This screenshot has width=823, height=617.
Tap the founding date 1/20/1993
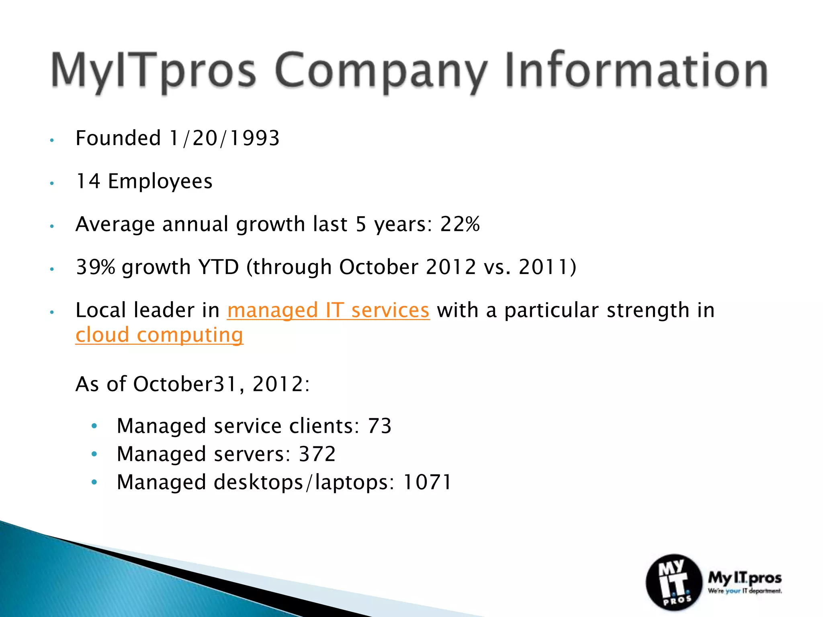click(x=224, y=139)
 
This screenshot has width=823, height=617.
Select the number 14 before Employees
click(x=88, y=181)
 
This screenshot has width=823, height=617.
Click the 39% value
click(x=96, y=267)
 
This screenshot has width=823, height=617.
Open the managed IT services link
click(x=328, y=311)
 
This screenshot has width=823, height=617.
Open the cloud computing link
click(x=159, y=335)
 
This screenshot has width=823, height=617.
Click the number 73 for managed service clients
click(x=379, y=426)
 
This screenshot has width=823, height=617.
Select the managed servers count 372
click(x=317, y=454)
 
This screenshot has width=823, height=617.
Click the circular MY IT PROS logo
click(x=674, y=582)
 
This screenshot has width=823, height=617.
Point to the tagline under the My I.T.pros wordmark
click(x=745, y=591)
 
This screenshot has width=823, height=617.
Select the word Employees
click(x=160, y=182)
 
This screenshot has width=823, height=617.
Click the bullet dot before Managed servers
click(x=94, y=454)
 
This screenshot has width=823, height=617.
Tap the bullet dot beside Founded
click(x=51, y=140)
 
